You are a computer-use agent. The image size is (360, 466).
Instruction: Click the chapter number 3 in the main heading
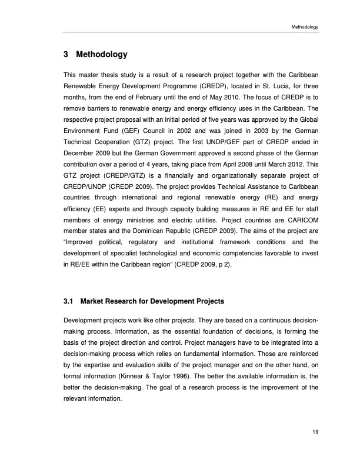click(x=65, y=55)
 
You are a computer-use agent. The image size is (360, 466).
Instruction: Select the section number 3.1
click(x=67, y=302)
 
